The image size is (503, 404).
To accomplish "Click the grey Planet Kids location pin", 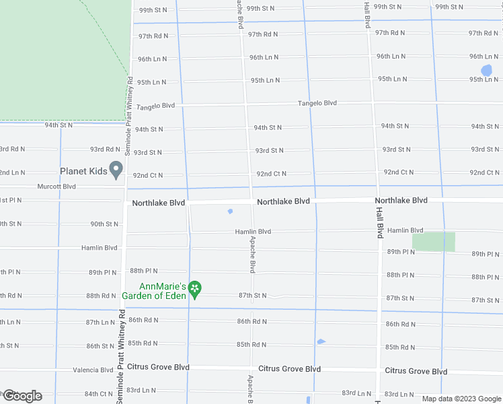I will [x=116, y=170].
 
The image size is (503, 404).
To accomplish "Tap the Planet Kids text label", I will [x=83, y=171].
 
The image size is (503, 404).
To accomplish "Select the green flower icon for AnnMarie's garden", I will [x=195, y=290].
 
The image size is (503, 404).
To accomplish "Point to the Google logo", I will [x=22, y=396].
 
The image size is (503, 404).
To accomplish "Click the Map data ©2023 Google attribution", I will [x=461, y=399].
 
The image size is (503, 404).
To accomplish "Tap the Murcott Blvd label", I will [x=56, y=187].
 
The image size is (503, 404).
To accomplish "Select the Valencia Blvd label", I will [x=93, y=370].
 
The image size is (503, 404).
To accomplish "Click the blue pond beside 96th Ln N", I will [x=487, y=70].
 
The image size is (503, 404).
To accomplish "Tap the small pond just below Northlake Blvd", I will [x=230, y=211].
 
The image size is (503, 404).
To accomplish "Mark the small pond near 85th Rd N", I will [x=321, y=341].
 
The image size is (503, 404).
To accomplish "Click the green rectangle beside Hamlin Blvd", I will [x=433, y=241].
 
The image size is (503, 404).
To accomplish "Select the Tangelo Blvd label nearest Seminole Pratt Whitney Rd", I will [x=155, y=106].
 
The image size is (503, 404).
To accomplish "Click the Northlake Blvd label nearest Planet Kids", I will [x=158, y=203].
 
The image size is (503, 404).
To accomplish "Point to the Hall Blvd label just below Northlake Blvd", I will [x=379, y=222].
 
